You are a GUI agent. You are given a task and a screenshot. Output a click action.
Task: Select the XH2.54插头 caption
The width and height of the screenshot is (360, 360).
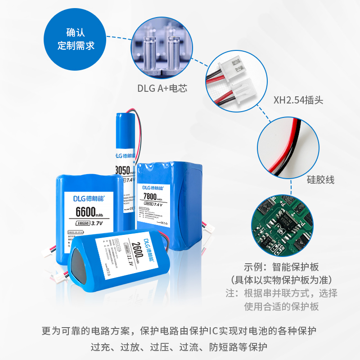click(x=298, y=100)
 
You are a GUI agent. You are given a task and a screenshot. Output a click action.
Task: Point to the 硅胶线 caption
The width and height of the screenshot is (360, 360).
click(x=320, y=180)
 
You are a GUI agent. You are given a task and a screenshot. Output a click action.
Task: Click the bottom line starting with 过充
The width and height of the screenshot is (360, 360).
click(x=179, y=347)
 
